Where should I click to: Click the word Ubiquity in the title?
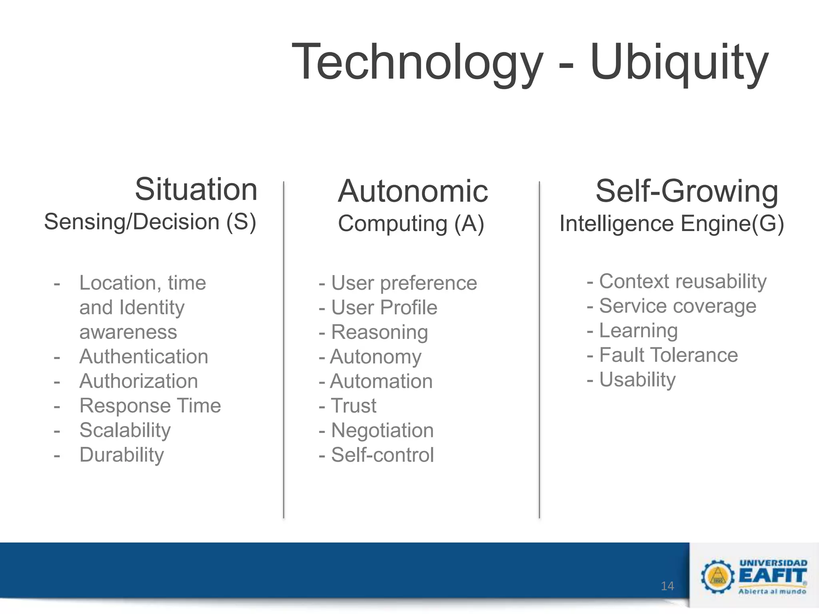tap(679, 63)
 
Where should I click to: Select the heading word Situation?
tap(196, 189)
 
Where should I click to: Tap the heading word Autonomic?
tap(413, 191)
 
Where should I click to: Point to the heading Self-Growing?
tap(687, 191)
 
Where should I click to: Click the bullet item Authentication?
tap(144, 357)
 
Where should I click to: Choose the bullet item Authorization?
tap(138, 381)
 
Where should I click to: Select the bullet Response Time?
tap(150, 406)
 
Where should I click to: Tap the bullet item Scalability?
tap(125, 430)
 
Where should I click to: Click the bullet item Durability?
tap(122, 455)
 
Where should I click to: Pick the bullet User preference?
tap(404, 283)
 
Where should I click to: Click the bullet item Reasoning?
tap(379, 332)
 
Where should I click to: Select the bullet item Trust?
tap(354, 406)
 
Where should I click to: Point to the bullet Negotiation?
tap(382, 431)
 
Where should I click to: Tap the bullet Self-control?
tap(382, 455)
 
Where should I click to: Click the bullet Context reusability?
tap(683, 281)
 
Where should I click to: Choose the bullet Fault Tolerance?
tap(668, 355)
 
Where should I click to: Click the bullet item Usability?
tap(637, 379)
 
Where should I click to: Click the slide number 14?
tap(667, 586)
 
